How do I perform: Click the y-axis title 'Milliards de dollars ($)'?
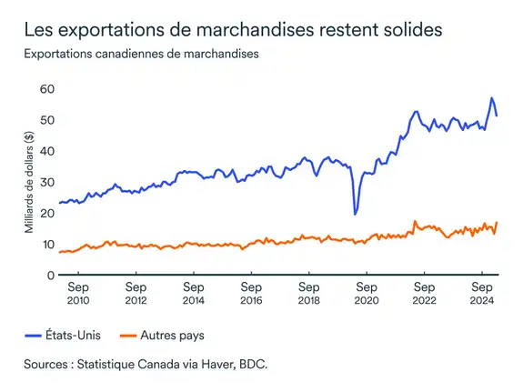[28, 182]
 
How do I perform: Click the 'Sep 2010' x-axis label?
[77, 294]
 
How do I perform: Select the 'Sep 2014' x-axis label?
[193, 294]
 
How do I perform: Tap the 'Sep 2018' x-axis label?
[308, 294]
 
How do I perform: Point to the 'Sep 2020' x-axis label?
[366, 294]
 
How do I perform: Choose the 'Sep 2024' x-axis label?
[481, 294]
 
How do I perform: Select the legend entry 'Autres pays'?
[169, 336]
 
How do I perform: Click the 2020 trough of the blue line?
[355, 214]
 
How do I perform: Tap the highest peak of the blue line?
[492, 98]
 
